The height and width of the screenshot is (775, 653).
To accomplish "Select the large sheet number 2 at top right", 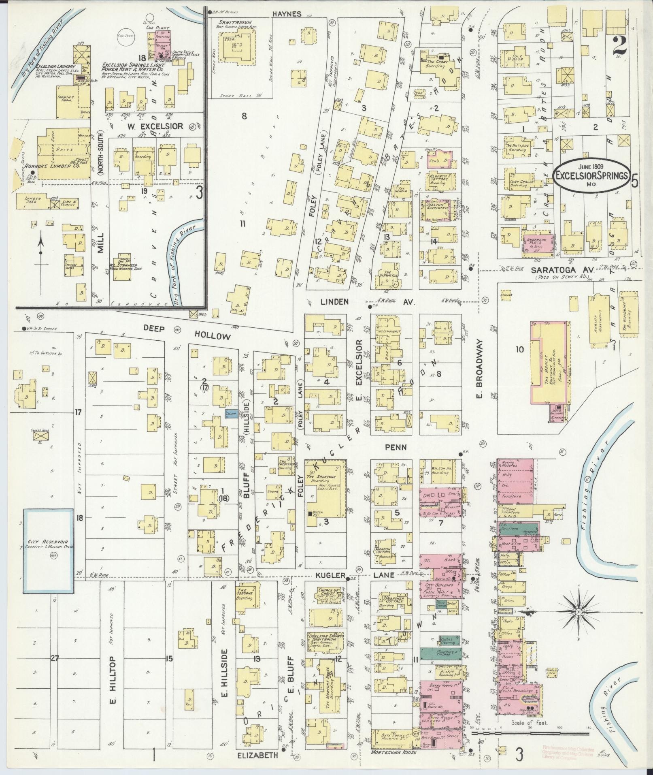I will pos(619,45).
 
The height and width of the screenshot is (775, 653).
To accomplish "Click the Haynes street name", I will pos(287,14).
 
